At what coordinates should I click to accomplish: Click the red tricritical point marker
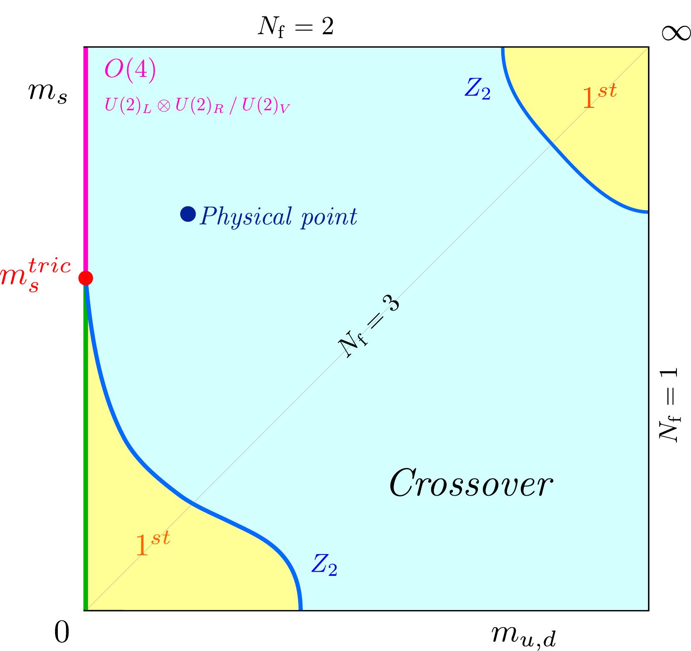(x=86, y=277)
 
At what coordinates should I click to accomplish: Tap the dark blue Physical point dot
(x=188, y=214)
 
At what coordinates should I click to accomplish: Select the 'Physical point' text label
(x=278, y=217)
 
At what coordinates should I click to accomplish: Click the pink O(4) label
(x=130, y=70)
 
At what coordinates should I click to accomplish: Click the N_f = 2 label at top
(x=295, y=28)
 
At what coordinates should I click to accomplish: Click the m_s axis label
(x=48, y=94)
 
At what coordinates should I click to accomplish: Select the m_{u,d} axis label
(x=523, y=636)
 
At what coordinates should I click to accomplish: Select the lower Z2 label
(x=324, y=566)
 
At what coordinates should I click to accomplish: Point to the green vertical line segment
(x=86, y=451)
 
